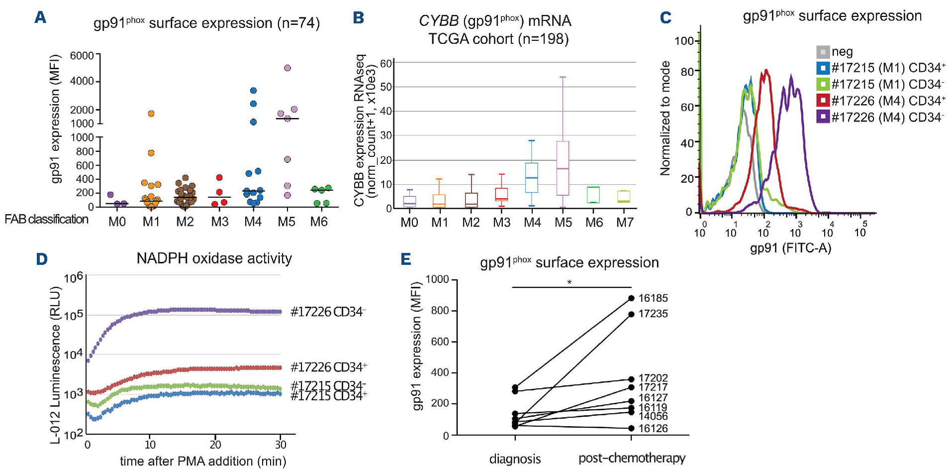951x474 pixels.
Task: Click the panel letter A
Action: click(x=40, y=17)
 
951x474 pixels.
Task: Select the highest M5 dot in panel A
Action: click(x=287, y=68)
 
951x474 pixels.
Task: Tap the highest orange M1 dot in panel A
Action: click(x=151, y=114)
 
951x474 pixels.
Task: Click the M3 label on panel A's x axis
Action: click(x=219, y=222)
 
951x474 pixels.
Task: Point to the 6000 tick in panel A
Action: click(x=82, y=56)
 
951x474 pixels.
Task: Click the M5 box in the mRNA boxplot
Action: click(x=563, y=168)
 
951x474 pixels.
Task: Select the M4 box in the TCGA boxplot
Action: click(x=532, y=177)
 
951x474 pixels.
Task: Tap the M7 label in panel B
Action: click(x=625, y=223)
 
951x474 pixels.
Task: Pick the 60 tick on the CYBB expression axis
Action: click(x=386, y=63)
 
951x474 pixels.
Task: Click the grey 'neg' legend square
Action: click(x=823, y=52)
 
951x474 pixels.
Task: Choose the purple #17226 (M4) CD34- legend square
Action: click(x=823, y=117)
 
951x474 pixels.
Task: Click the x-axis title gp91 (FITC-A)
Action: click(x=790, y=248)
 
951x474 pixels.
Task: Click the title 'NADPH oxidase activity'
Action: click(x=214, y=258)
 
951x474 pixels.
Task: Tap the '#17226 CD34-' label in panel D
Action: click(x=328, y=312)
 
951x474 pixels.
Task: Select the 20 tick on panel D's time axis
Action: click(x=215, y=445)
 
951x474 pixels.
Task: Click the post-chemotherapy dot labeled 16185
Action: click(x=631, y=298)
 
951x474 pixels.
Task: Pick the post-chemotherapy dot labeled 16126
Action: click(x=631, y=428)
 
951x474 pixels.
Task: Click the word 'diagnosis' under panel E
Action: click(x=515, y=459)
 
